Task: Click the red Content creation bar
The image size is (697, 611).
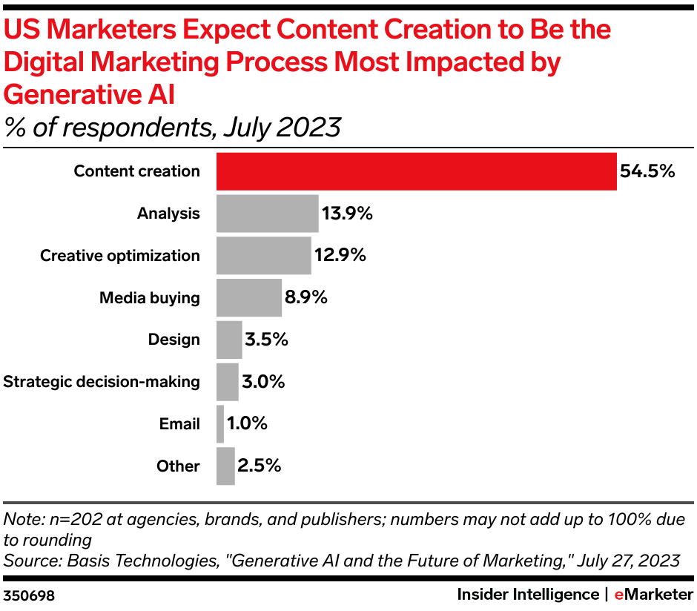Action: pos(416,171)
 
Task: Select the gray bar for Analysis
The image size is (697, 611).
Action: pos(267,214)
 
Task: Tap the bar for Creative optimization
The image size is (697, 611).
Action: pos(263,256)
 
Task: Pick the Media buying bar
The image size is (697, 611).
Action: pos(248,298)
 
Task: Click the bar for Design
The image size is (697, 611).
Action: pos(229,340)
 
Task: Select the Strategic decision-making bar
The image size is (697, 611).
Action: pos(227,382)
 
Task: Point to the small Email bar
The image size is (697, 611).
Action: pos(220,424)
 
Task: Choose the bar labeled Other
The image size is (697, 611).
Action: pos(225,466)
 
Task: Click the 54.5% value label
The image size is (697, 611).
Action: pos(647,171)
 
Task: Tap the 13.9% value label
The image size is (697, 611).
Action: pos(346,214)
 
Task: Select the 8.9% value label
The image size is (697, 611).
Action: pos(305,298)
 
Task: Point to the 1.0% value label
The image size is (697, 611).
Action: pos(247,424)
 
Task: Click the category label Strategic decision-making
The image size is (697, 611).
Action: pos(102,382)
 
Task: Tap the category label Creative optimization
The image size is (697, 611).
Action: pos(119,256)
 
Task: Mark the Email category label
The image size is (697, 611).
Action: pos(179,424)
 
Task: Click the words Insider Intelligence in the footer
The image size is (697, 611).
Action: pos(528,595)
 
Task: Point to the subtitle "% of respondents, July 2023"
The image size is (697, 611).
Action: pos(172,128)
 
